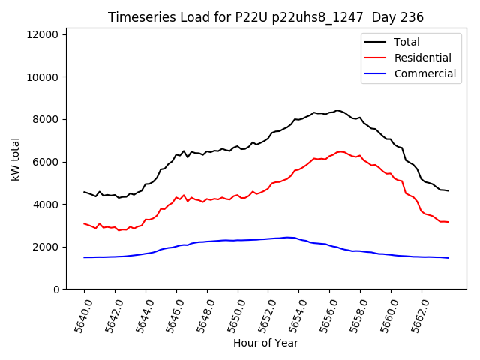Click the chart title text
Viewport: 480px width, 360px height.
tap(265, 17)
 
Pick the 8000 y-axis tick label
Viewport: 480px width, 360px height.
tap(49, 119)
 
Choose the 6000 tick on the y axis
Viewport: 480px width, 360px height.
tap(49, 162)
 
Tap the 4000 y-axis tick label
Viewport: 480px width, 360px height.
tap(49, 204)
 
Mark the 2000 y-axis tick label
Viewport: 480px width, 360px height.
tap(49, 247)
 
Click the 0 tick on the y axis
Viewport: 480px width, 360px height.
tap(57, 289)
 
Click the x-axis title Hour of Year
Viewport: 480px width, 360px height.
tap(265, 343)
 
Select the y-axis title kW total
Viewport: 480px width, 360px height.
tap(15, 159)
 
